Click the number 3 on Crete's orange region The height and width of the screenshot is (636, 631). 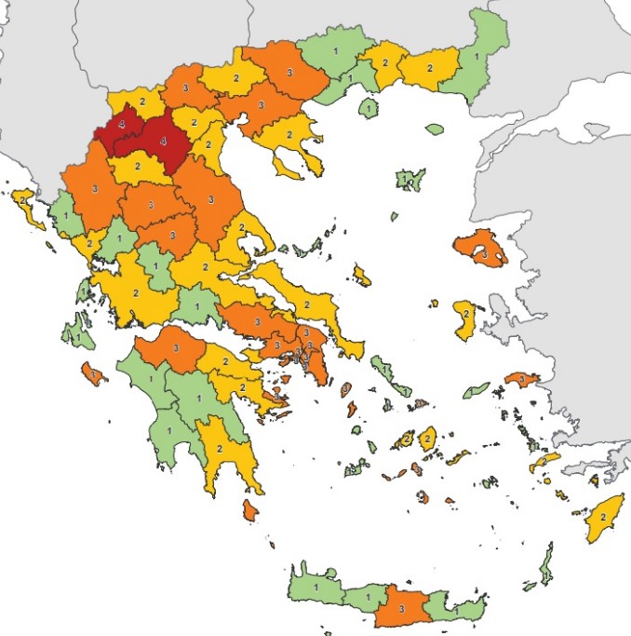pos(400,608)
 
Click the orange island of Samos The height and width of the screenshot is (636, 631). pos(522,380)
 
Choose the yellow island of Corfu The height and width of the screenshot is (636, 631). pos(26,204)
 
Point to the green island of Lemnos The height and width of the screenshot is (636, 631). pos(407,178)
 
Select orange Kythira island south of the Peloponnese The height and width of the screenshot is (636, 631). pos(249,510)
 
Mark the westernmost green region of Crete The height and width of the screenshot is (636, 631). pos(315,587)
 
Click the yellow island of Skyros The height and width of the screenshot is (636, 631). pos(362,276)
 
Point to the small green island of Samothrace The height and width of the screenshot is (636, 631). pos(435,129)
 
